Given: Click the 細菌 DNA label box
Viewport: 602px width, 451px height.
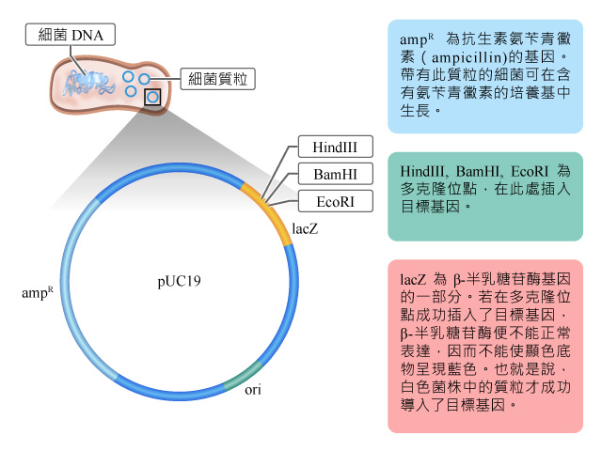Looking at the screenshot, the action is (71, 35).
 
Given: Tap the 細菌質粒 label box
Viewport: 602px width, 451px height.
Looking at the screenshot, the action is (217, 79).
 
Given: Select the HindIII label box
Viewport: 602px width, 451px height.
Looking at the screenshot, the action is (335, 147).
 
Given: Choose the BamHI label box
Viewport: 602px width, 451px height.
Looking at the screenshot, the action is (335, 174).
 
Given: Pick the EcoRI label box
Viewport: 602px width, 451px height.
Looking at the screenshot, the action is (335, 201).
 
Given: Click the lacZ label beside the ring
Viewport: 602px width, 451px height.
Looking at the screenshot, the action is (305, 229).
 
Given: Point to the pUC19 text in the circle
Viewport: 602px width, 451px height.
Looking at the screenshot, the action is (179, 282).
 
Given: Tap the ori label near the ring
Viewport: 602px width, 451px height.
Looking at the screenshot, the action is (253, 390).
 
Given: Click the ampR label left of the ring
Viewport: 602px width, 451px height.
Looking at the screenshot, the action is (38, 292).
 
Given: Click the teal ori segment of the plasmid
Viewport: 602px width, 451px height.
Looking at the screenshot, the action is (244, 377).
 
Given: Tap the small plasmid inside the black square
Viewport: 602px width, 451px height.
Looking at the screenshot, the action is (152, 97).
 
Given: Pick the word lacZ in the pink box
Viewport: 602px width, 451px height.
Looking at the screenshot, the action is (413, 279).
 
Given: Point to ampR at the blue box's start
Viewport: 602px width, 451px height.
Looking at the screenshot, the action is (417, 39).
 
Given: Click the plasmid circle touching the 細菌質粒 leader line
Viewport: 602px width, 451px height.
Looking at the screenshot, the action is (144, 79).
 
